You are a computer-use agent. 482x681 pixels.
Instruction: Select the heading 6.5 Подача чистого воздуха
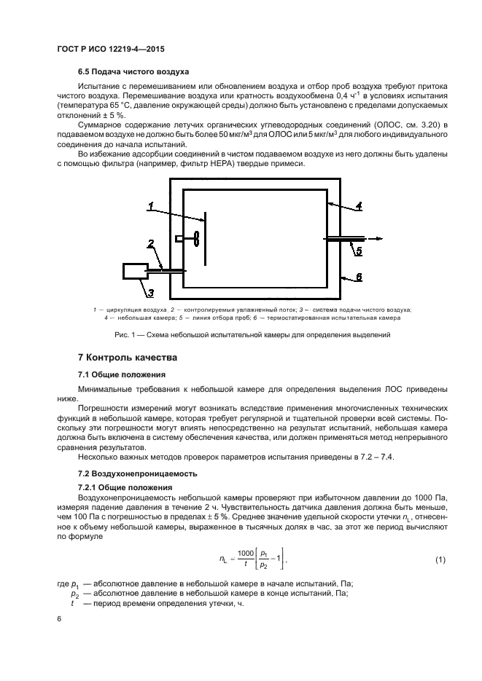coord(133,72)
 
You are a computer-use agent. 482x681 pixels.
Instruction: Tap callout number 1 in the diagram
coord(150,208)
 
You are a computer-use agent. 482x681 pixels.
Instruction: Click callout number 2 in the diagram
coord(150,243)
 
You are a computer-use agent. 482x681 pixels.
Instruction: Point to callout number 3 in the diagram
coord(151,293)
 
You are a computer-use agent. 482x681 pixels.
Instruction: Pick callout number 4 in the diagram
coord(359,206)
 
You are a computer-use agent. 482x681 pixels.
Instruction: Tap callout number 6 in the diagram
coord(359,277)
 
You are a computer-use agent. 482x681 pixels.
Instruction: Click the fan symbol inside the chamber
coord(195,239)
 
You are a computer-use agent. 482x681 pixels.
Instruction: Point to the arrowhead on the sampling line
coord(380,237)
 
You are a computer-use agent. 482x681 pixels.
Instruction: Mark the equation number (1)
coord(440,559)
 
